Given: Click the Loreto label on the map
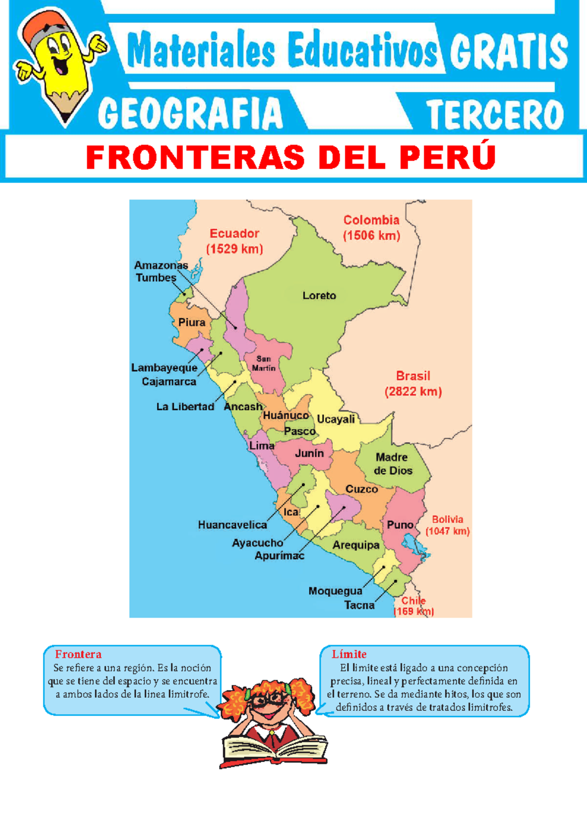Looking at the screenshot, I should [x=319, y=295].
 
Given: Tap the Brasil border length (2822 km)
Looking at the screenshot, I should [x=413, y=392].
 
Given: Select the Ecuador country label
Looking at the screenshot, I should [x=234, y=233].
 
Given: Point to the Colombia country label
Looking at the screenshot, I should [x=371, y=220].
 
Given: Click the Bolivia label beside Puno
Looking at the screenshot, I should [x=447, y=519].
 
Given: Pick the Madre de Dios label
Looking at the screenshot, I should [x=392, y=464].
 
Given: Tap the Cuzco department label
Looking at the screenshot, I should [x=361, y=489].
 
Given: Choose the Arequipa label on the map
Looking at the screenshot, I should [x=356, y=545].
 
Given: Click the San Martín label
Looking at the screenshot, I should [x=264, y=363].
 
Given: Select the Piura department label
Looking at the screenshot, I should [x=191, y=322].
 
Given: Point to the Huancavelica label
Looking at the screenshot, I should [x=232, y=525].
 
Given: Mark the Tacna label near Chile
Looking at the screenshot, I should [x=359, y=605].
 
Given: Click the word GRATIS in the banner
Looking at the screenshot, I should [x=508, y=52].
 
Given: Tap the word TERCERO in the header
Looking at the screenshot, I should [x=495, y=114].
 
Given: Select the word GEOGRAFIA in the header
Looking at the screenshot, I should [x=190, y=113].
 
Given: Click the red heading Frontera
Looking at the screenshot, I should [x=78, y=654].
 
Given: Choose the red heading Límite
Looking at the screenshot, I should [x=349, y=654].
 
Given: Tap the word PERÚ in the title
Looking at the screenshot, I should [x=447, y=158].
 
